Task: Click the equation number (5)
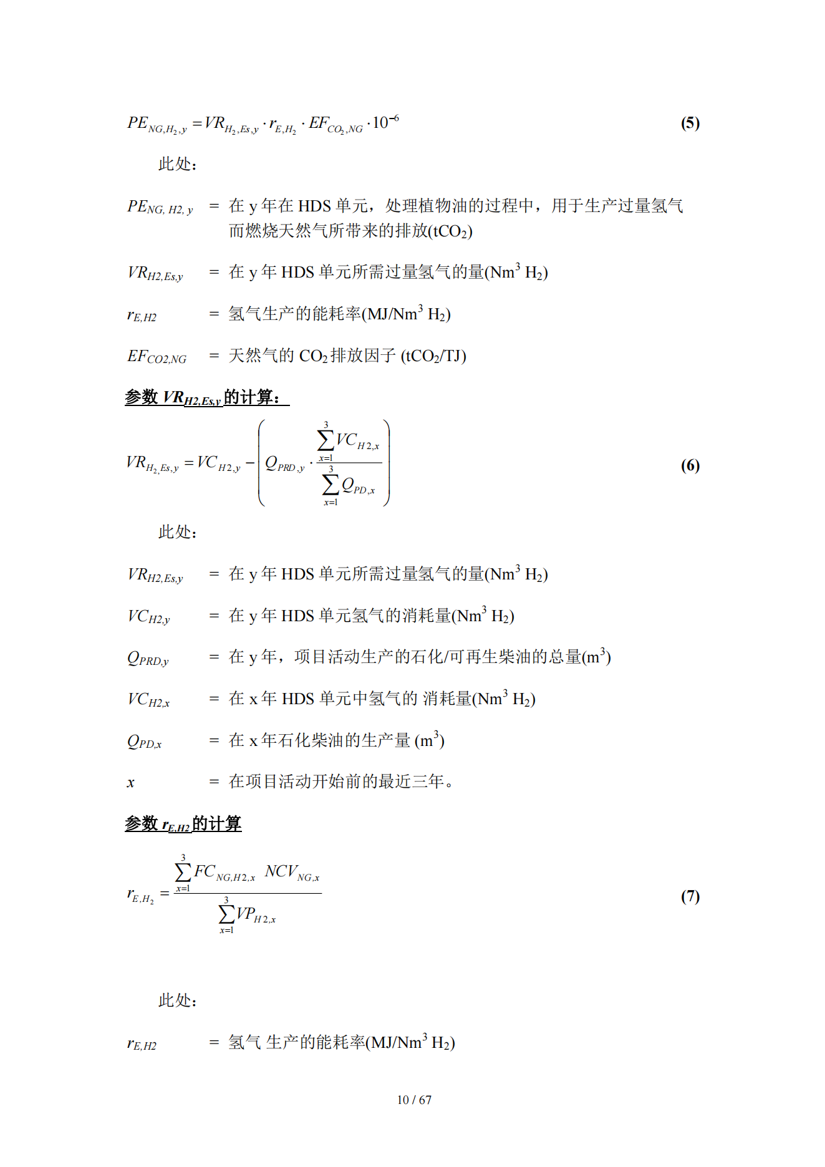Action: (690, 123)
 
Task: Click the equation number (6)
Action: (690, 465)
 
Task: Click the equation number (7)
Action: (690, 896)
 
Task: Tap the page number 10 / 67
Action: (414, 1100)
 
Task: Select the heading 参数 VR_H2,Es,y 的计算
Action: (206, 397)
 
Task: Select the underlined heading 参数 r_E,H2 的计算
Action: (183, 824)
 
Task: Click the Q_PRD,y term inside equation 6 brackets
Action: (284, 464)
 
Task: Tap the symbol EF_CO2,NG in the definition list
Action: (157, 357)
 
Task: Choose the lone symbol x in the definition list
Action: (130, 783)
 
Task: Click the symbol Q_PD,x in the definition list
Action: (144, 742)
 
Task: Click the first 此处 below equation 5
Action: (177, 165)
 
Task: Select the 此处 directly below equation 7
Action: (177, 1000)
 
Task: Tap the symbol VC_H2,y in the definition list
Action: (148, 617)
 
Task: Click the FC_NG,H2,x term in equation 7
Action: (224, 873)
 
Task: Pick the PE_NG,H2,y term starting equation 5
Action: (157, 124)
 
